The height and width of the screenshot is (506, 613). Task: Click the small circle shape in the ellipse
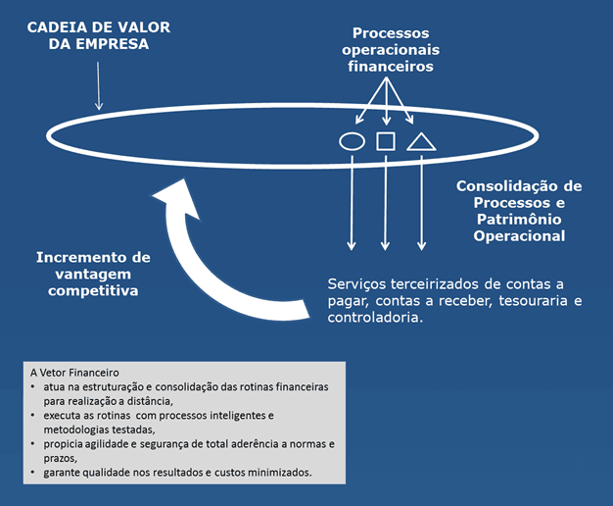point(352,141)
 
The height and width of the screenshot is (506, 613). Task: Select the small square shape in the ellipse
point(386,141)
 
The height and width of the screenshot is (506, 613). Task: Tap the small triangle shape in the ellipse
point(421,142)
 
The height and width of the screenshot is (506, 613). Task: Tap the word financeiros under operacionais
point(390,67)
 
